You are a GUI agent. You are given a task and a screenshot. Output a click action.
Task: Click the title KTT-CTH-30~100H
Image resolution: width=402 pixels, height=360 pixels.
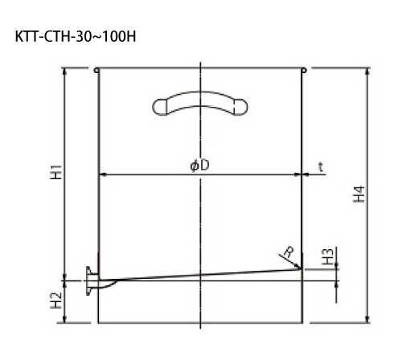[76, 37]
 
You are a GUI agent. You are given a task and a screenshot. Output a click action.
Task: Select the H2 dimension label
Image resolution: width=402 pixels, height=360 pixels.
[56, 300]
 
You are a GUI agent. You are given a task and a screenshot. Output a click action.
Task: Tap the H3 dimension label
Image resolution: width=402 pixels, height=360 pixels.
[327, 256]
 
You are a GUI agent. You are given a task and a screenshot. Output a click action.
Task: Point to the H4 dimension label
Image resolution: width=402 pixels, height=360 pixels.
[359, 194]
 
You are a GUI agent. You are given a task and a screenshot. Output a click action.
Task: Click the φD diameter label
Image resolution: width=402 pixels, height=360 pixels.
[199, 166]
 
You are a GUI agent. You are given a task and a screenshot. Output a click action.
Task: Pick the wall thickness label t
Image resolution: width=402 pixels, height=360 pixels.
[321, 167]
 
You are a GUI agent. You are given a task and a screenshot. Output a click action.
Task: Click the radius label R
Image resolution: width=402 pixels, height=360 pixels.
[289, 252]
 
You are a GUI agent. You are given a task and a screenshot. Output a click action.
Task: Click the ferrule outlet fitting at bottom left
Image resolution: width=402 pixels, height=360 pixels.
[91, 280]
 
